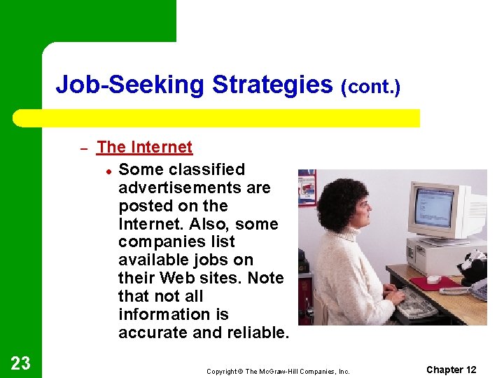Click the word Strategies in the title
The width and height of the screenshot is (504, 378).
click(272, 85)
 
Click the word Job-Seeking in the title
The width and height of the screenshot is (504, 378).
click(131, 85)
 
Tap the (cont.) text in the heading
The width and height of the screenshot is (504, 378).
click(370, 87)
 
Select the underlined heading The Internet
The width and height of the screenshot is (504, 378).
click(144, 147)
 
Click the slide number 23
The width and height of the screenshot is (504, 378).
click(20, 363)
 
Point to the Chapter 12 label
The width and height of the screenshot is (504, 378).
click(451, 370)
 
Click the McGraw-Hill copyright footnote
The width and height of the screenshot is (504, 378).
click(278, 371)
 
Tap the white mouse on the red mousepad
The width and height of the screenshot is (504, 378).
click(434, 279)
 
